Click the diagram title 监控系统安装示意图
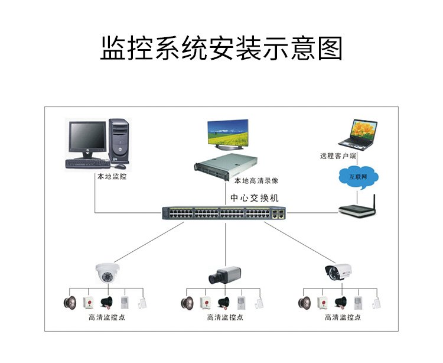(x=221, y=48)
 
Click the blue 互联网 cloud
(x=359, y=177)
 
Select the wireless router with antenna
(x=357, y=208)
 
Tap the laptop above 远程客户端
(x=359, y=135)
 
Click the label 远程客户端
(x=338, y=155)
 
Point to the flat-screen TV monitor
(x=228, y=134)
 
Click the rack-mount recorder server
(x=226, y=166)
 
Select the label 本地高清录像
(x=256, y=181)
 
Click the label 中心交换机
(x=255, y=198)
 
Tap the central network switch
(x=224, y=213)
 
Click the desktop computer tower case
(x=119, y=141)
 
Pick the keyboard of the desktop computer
(x=87, y=164)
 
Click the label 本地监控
(x=112, y=176)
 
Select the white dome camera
(x=108, y=273)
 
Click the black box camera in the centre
(x=224, y=275)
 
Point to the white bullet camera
(x=338, y=272)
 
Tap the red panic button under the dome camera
(x=89, y=303)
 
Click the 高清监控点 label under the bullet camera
(x=343, y=317)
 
